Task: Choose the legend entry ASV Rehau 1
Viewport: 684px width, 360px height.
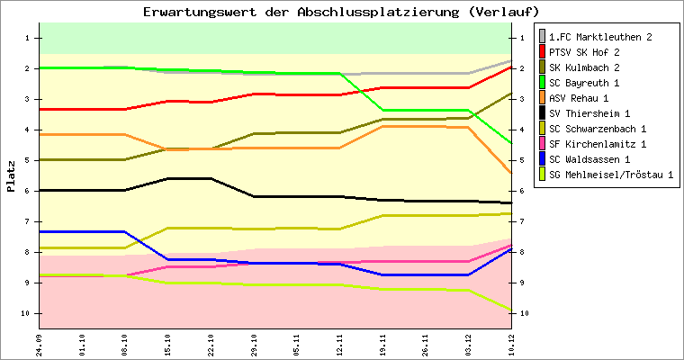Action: pyautogui.click(x=580, y=98)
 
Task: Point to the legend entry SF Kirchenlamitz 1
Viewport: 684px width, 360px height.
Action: pyautogui.click(x=598, y=144)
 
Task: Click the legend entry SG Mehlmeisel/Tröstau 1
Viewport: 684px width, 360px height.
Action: pyautogui.click(x=611, y=175)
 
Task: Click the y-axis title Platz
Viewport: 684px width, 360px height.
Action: pyautogui.click(x=11, y=176)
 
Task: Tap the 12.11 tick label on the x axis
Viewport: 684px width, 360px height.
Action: pyautogui.click(x=340, y=343)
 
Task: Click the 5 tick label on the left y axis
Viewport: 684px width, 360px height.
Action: pyautogui.click(x=29, y=160)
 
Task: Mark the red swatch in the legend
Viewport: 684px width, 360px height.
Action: pyautogui.click(x=542, y=52)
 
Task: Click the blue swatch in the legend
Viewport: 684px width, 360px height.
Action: pyautogui.click(x=542, y=159)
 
